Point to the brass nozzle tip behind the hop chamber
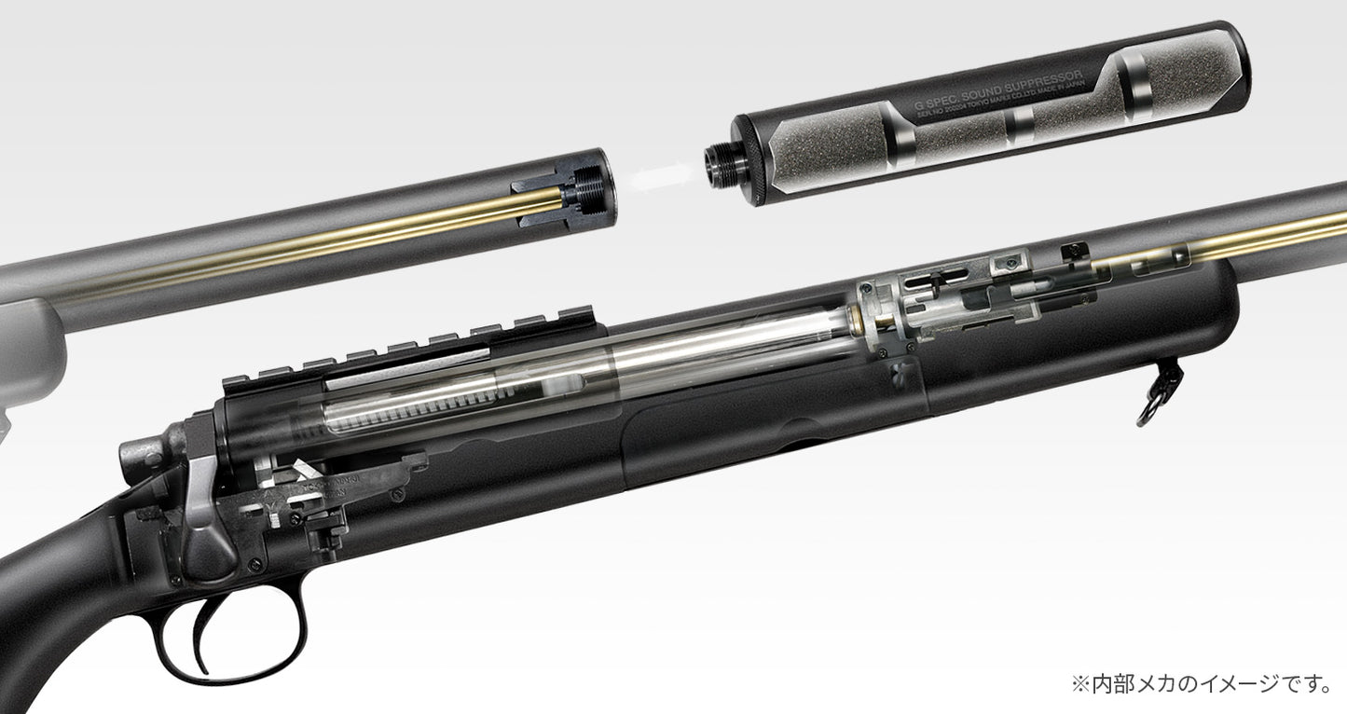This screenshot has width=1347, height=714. tap(854, 323)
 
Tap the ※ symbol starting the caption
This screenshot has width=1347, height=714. tap(1079, 685)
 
